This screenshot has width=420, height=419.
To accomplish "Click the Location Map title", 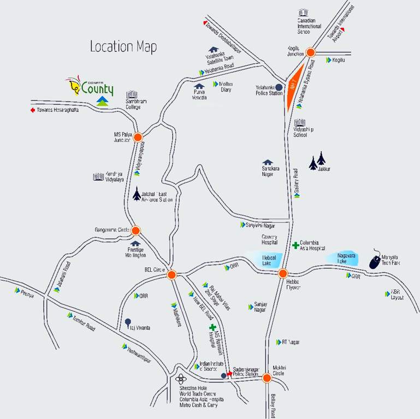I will [x=123, y=47].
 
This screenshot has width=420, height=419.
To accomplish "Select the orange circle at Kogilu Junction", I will [x=310, y=52].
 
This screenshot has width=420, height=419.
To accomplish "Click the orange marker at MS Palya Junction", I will [x=138, y=137].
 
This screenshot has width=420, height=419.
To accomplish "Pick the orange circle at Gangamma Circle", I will [x=135, y=231].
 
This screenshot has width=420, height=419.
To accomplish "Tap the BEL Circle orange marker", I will [x=171, y=275].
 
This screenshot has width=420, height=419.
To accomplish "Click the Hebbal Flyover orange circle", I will [x=282, y=273].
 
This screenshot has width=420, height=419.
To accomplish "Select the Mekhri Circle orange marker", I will [x=267, y=378].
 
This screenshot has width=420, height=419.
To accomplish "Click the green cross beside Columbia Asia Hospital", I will [x=295, y=246].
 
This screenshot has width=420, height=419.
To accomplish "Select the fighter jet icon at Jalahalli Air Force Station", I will [x=137, y=194].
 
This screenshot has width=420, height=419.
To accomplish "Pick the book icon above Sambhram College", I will [x=131, y=95].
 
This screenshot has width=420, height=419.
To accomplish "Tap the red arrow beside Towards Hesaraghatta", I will [x=32, y=110].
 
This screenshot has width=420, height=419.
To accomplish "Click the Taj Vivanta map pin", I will [x=128, y=322].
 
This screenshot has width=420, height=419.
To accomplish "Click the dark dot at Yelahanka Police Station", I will [x=279, y=87].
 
